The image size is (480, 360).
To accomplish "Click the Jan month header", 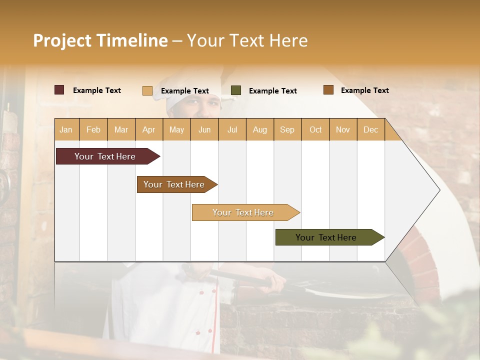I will click(66, 129).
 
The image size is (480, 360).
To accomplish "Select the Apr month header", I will click(149, 129).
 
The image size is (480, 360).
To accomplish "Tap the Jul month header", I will click(232, 129).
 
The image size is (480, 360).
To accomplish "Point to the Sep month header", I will click(287, 129).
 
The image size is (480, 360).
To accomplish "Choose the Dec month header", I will click(370, 129).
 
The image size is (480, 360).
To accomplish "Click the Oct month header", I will click(315, 129).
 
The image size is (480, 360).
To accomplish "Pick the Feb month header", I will click(93, 129).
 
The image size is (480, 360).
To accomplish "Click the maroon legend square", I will click(59, 90).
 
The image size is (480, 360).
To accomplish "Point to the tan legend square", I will click(147, 90).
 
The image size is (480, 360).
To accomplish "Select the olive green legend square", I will click(235, 90).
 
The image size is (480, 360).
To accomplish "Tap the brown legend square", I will click(328, 90).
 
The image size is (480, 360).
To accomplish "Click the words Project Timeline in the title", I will click(100, 40).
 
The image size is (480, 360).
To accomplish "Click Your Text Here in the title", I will click(247, 40).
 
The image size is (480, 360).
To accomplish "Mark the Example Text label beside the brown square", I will click(364, 90).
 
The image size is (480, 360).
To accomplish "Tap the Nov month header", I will click(343, 129).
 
